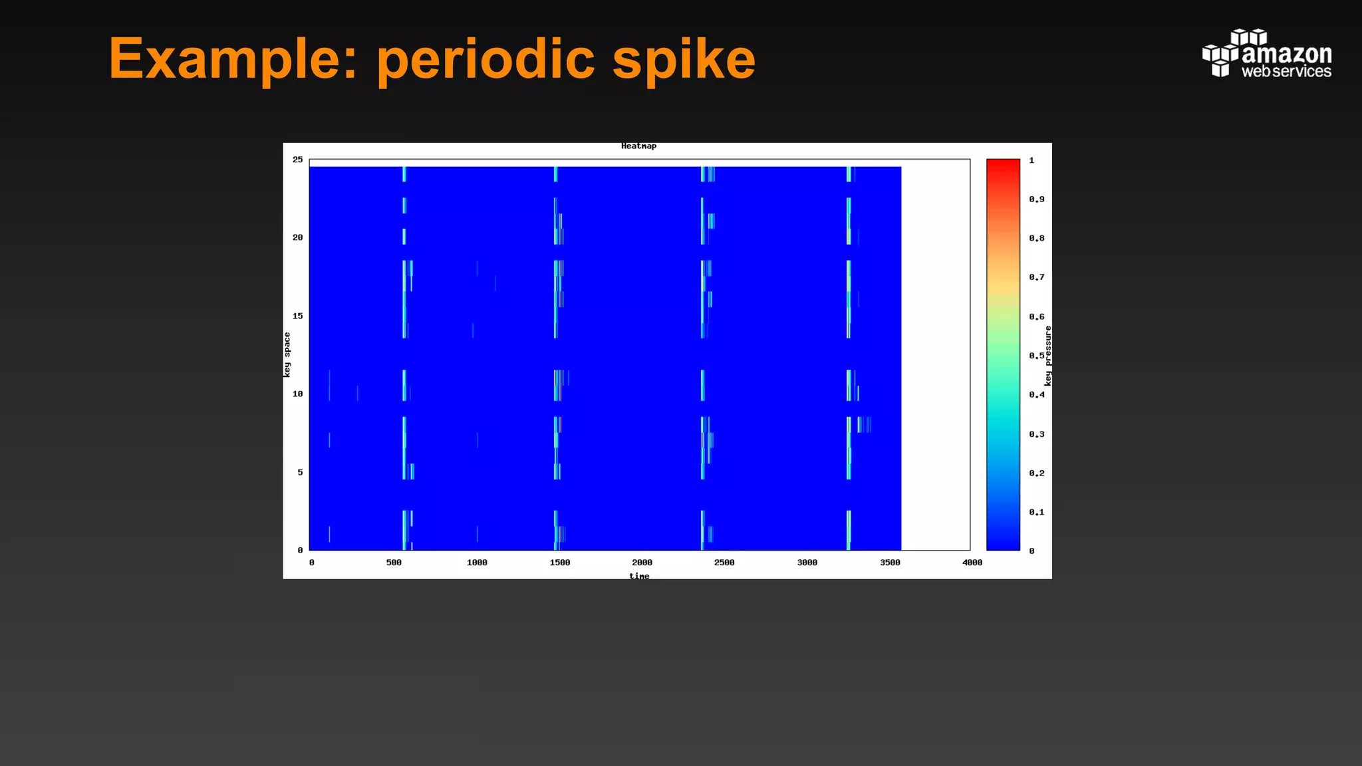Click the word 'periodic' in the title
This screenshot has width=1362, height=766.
485,59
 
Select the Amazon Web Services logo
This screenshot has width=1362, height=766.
1266,53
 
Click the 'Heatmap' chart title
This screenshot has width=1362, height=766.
638,146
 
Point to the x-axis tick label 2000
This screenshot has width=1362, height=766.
642,563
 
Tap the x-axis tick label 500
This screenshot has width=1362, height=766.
394,563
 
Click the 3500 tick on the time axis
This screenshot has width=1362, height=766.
890,563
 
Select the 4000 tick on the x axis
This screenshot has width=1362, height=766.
972,563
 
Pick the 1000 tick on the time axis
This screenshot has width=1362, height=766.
477,563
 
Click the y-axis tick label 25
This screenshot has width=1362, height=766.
297,160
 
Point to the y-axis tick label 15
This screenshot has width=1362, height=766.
297,316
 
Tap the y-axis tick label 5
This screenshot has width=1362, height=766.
300,472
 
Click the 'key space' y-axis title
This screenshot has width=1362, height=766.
287,354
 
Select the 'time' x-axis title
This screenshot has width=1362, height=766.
639,576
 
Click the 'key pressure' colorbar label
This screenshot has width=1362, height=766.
1048,356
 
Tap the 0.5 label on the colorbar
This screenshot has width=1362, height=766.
1036,356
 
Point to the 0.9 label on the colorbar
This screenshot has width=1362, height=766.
1036,199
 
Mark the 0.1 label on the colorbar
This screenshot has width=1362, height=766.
1036,512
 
